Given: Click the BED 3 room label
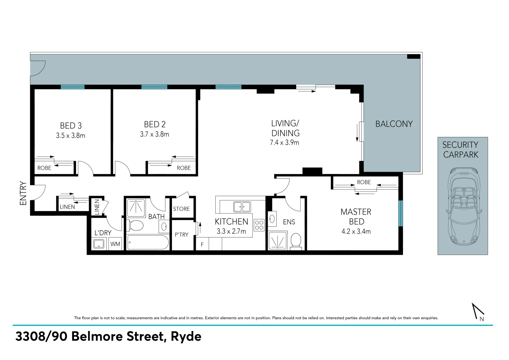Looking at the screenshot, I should click(x=71, y=126).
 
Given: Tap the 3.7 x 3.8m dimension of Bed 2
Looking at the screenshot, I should click(x=154, y=134).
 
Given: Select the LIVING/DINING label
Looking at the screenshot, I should click(x=285, y=128).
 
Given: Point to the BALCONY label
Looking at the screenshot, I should click(x=394, y=124).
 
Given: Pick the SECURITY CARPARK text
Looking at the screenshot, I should click(x=460, y=150).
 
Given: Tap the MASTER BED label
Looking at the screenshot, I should click(x=356, y=217).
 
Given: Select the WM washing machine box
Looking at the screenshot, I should click(x=115, y=244).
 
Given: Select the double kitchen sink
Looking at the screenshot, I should click(x=242, y=207).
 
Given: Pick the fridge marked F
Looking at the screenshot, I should click(x=202, y=244).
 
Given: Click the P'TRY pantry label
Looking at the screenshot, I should click(x=181, y=235).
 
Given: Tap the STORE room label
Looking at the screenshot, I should click(x=181, y=209).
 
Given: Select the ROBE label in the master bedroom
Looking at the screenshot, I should click(x=364, y=182).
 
